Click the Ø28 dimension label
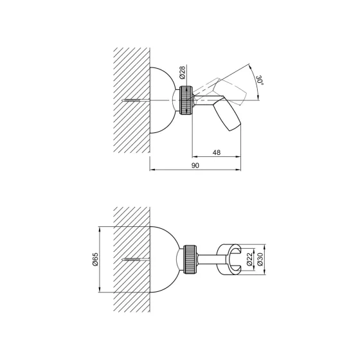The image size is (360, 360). (x=183, y=73)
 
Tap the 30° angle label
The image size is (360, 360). (x=260, y=80)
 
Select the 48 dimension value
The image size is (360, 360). (x=217, y=152)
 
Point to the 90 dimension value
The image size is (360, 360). (x=195, y=165)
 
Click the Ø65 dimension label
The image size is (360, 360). (x=95, y=259)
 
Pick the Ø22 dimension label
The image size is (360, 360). (x=250, y=260)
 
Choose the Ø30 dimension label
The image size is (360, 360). (x=260, y=260)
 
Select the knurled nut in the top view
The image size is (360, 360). (x=186, y=100)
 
